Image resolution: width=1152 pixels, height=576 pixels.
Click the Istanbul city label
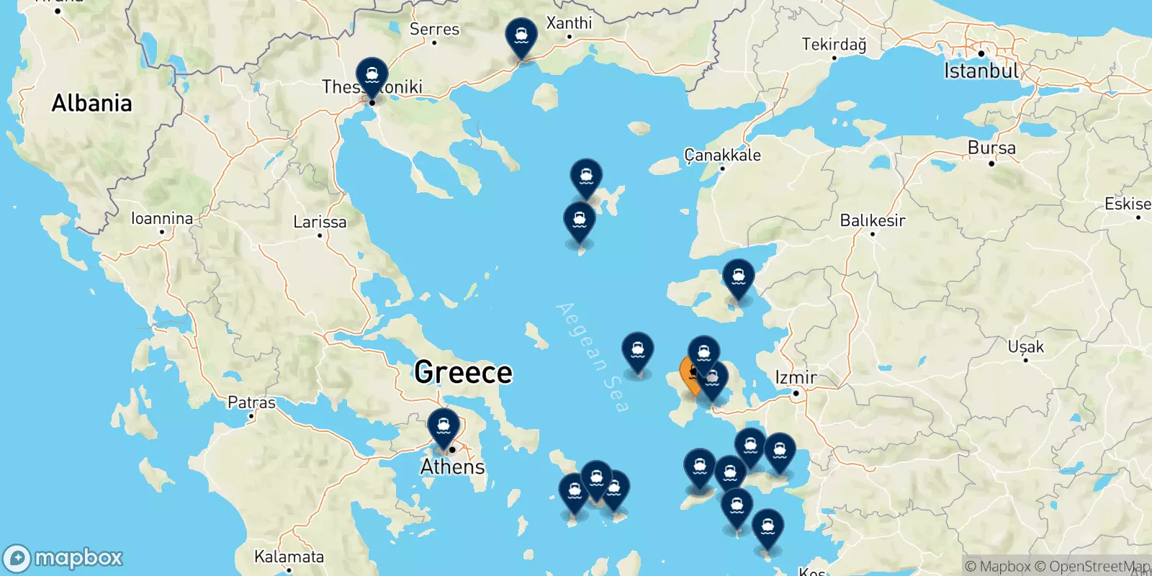pos(981,71)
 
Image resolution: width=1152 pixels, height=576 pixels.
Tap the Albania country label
pos(91,103)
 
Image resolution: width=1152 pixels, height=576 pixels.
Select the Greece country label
pos(463,372)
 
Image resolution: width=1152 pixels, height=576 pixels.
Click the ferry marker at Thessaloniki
pos(372,76)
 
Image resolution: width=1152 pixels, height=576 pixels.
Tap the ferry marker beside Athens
pos(444,426)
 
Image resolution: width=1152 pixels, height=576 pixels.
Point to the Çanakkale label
pos(722,155)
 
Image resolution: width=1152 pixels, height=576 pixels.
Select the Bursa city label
pos(991,148)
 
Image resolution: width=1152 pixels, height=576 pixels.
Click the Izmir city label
pos(796,377)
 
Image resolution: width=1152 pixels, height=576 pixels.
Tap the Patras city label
pos(251,402)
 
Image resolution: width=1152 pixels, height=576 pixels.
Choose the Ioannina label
pos(162,218)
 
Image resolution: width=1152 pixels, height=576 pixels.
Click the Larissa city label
pos(320,222)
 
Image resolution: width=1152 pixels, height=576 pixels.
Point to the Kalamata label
pos(289,557)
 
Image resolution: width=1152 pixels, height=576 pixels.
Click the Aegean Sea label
pos(593,357)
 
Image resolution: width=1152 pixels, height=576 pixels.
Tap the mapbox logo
pos(63,558)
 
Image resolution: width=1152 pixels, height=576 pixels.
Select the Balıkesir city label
pos(872,220)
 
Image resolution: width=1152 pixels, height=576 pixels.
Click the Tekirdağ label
pos(834,45)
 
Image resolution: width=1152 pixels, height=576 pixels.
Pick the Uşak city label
pos(1025,347)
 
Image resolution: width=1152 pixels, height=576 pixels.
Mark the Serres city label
pos(434,29)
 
